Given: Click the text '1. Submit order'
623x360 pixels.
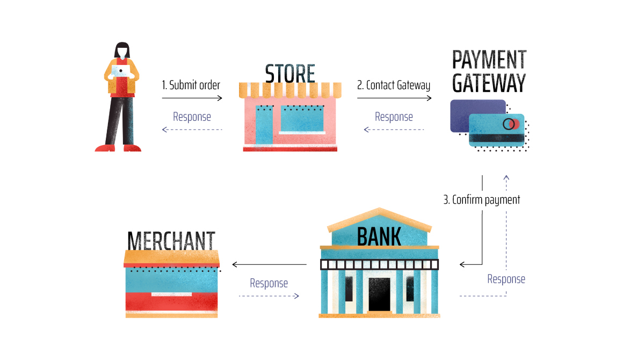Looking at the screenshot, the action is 191,85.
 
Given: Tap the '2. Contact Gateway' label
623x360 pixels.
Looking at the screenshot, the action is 394,85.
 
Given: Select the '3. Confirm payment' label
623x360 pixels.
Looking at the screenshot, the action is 482,200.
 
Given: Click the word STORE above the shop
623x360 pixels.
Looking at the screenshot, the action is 290,74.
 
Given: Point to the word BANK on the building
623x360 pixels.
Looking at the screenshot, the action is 379,236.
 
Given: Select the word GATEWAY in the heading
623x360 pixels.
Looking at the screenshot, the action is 489,83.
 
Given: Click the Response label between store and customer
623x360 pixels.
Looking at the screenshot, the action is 192,117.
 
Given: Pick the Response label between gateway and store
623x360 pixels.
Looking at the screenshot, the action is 394,117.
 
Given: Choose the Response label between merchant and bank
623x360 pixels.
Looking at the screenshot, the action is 269,283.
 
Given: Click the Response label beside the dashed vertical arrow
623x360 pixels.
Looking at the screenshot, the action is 506,279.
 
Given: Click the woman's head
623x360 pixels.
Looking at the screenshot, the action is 122,51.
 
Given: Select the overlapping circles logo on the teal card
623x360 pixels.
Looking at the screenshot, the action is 510,124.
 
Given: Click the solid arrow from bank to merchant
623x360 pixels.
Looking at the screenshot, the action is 269,264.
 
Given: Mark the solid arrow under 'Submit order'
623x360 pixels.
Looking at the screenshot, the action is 192,98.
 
